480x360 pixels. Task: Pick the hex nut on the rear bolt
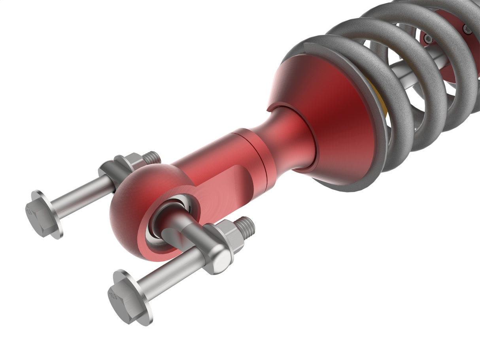(x=130, y=162)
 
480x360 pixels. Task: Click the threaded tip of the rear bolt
(x=153, y=157)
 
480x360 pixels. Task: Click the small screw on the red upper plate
(x=468, y=29)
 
